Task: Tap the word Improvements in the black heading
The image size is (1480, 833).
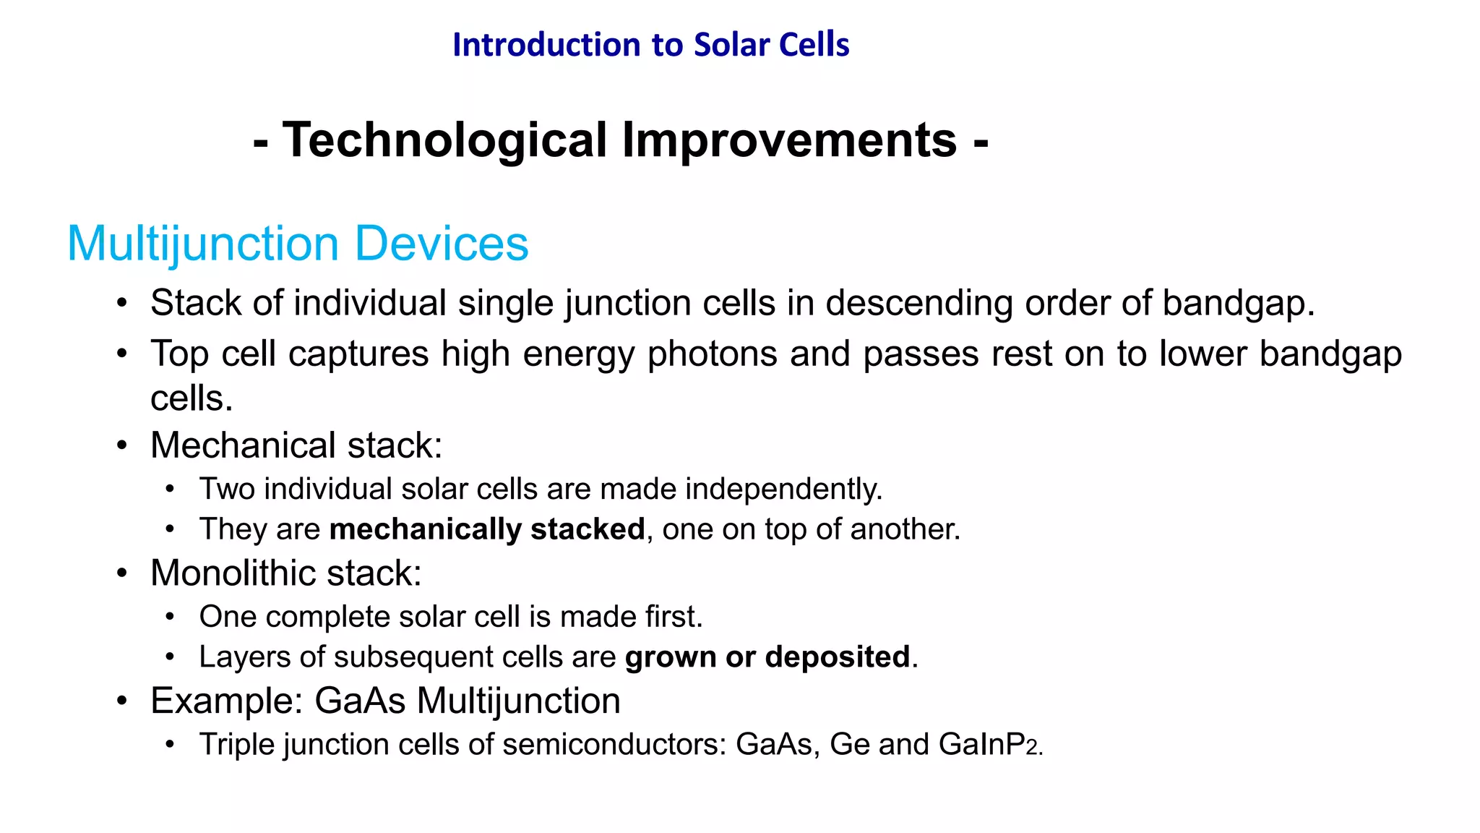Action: [x=789, y=140]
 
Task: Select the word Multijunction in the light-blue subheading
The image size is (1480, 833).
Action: [x=203, y=244]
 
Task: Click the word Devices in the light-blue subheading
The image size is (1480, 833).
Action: [x=441, y=244]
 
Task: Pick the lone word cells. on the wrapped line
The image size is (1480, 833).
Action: [x=192, y=398]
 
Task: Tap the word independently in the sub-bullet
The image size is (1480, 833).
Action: [x=783, y=490]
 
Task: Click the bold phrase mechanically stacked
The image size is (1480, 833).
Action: [x=486, y=529]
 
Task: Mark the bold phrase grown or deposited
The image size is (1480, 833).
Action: [x=767, y=657]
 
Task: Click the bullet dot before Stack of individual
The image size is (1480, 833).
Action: [x=122, y=303]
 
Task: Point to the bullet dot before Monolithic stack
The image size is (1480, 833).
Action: [x=122, y=573]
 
